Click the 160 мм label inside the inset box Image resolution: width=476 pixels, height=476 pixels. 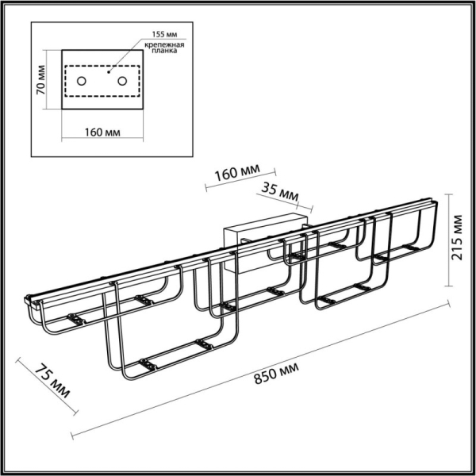tap(101, 131)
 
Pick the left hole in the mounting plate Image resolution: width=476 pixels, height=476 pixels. tap(83, 80)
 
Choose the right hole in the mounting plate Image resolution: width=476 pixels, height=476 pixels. tap(121, 80)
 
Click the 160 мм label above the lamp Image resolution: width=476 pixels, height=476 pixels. tap(239, 173)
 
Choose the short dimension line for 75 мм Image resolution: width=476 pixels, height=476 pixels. tap(47, 389)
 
